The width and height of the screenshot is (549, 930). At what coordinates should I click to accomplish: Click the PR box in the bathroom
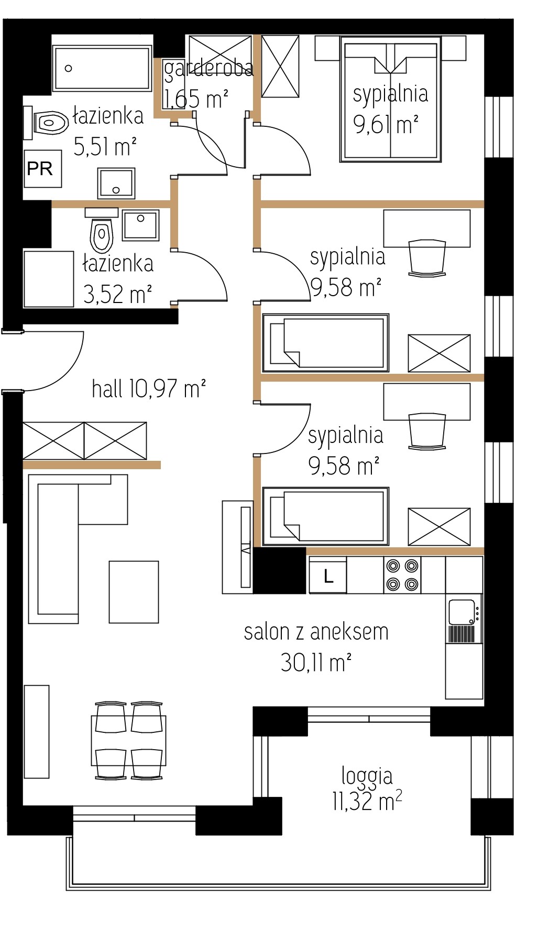[x=43, y=169]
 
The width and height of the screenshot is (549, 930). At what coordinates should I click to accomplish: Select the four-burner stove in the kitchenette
[x=402, y=575]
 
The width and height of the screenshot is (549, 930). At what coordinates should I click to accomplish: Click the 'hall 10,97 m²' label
[x=149, y=389]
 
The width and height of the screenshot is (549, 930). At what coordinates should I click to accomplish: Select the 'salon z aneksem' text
[x=316, y=632]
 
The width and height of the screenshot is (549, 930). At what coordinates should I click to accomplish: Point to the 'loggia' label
[x=367, y=776]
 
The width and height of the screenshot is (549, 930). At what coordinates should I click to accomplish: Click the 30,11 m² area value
[x=316, y=663]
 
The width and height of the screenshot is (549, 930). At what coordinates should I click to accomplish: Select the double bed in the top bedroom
[x=391, y=99]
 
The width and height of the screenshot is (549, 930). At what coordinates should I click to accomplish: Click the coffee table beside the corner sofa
[x=134, y=592]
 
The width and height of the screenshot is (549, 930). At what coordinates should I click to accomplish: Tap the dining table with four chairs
[x=129, y=740]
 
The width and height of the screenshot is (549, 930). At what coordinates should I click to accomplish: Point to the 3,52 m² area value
[x=117, y=295]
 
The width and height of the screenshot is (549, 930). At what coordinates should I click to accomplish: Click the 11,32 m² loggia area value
[x=367, y=802]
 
